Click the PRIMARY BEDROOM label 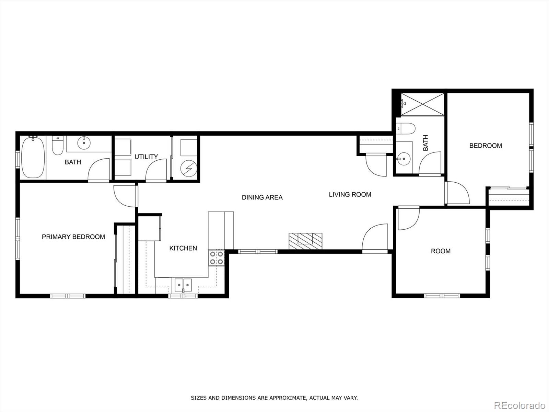coord(73,237)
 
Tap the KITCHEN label coord(183,248)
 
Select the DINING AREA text coord(262,197)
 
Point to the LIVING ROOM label coord(350,194)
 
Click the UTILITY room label coord(146,157)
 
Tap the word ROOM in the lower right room coord(441,251)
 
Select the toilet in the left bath coord(58,146)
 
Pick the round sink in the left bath coord(83,142)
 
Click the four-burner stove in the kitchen coord(216,258)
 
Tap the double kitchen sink coord(183,285)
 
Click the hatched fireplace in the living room coord(305,241)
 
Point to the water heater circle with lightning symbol coord(189,168)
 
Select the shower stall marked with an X coord(423,104)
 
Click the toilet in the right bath coord(405,129)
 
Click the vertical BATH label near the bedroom coord(425,143)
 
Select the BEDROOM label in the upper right coord(486,146)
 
